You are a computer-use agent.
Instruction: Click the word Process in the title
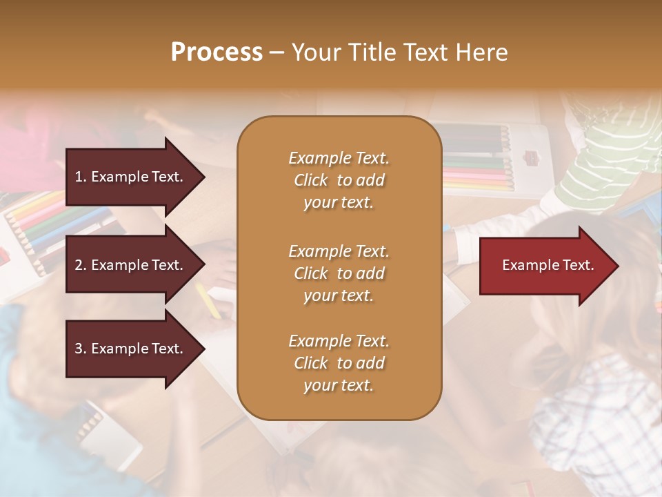pos(217,52)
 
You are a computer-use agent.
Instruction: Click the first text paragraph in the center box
pos(339,180)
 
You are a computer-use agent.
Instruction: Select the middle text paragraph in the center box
pos(339,273)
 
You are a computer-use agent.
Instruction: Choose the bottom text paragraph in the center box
pos(339,363)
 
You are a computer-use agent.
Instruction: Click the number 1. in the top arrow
pos(81,177)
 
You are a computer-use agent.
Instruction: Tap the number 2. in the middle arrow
pos(81,265)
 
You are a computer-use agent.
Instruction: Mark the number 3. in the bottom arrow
pos(81,349)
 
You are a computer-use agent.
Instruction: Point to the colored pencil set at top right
pos(476,159)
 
